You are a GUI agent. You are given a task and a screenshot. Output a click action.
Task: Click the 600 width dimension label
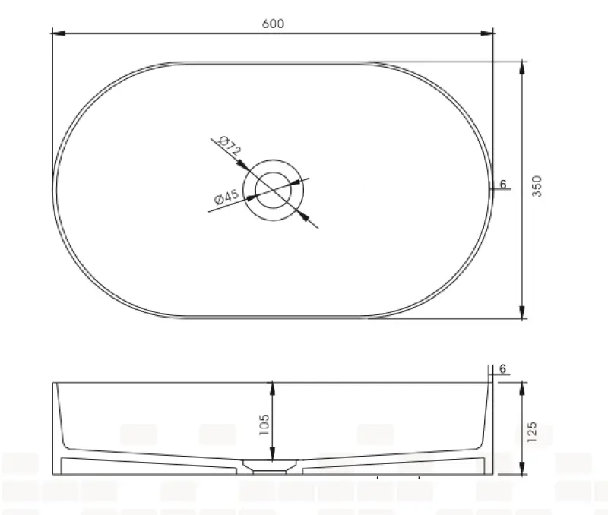pyautogui.click(x=273, y=24)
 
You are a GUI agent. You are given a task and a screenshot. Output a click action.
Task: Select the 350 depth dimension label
pyautogui.click(x=538, y=186)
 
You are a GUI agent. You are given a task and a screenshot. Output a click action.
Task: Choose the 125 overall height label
pyautogui.click(x=532, y=431)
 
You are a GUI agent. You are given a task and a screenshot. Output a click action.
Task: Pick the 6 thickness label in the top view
pyautogui.click(x=503, y=185)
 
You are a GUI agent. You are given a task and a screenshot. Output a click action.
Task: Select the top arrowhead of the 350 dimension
pyautogui.click(x=522, y=68)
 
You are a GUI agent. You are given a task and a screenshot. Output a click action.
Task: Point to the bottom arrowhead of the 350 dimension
pyautogui.click(x=522, y=312)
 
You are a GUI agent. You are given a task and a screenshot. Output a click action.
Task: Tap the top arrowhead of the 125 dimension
pyautogui.click(x=522, y=388)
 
